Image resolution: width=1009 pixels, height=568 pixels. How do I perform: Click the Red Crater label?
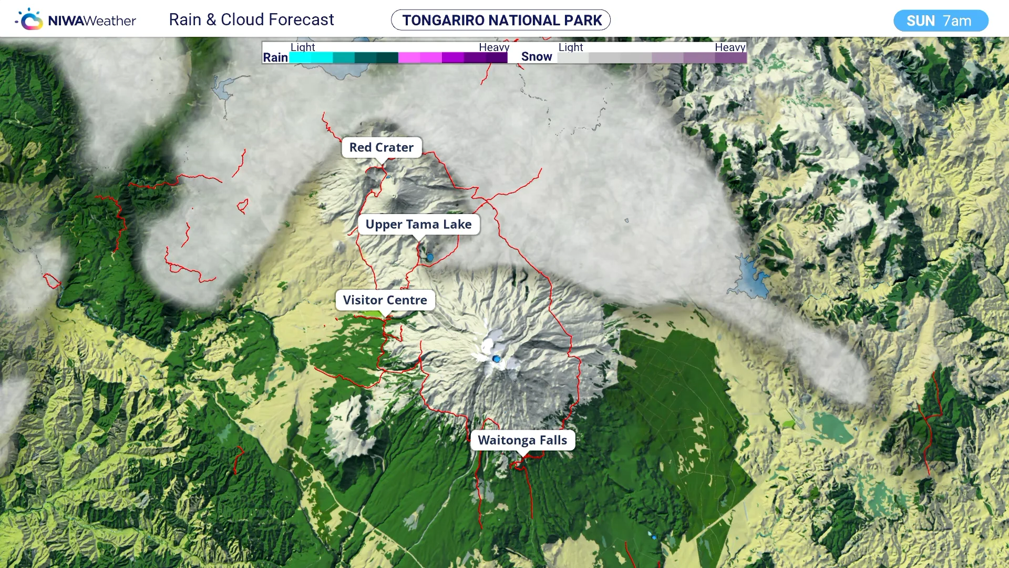[382, 148]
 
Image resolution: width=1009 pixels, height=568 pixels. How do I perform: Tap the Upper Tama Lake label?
[418, 225]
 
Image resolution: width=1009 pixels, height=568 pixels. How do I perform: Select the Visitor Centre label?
[385, 300]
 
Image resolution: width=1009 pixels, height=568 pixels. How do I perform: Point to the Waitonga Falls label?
[522, 440]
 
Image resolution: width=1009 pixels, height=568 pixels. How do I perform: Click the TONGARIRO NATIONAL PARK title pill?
[501, 20]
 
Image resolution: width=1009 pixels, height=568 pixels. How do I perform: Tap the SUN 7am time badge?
[940, 21]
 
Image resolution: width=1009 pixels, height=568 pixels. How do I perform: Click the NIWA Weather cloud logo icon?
[30, 20]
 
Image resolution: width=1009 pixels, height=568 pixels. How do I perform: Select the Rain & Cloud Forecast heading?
[251, 19]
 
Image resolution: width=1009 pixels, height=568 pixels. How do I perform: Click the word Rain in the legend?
[275, 57]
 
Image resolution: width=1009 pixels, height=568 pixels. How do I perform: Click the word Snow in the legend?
[537, 57]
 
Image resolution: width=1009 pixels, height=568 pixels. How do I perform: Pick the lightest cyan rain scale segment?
[301, 58]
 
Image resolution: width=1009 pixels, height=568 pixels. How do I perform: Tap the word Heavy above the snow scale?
[729, 47]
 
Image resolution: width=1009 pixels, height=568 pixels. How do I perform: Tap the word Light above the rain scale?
[303, 47]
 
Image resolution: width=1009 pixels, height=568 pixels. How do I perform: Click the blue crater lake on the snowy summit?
[497, 359]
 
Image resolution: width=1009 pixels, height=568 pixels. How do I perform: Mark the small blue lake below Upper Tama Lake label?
[430, 258]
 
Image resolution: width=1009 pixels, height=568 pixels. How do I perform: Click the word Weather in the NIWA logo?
[110, 21]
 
